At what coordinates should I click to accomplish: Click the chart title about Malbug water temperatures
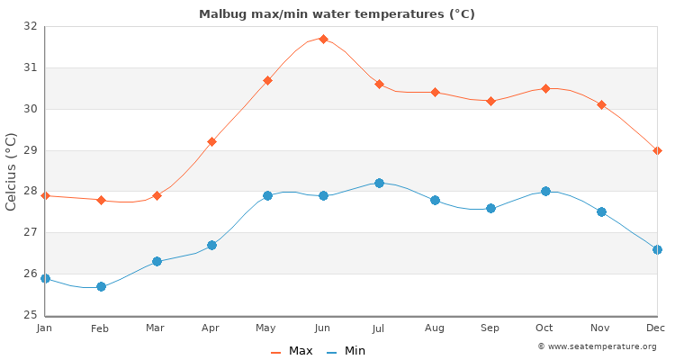pyautogui.click(x=337, y=13)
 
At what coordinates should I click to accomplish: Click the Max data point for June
pyautogui.click(x=323, y=39)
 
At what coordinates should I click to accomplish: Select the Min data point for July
pyautogui.click(x=379, y=183)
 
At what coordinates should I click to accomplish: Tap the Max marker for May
pyautogui.click(x=267, y=80)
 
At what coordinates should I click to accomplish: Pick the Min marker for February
pyautogui.click(x=101, y=286)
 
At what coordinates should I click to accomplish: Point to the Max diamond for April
pyautogui.click(x=211, y=141)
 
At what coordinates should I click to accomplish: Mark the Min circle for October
pyautogui.click(x=545, y=191)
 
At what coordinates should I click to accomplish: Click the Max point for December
pyautogui.click(x=657, y=150)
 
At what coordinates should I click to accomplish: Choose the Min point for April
pyautogui.click(x=211, y=245)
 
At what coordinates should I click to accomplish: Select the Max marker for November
pyautogui.click(x=601, y=104)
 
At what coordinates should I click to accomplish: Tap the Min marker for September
pyautogui.click(x=490, y=208)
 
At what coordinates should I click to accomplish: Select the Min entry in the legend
pyautogui.click(x=346, y=351)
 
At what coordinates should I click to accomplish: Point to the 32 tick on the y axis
pyautogui.click(x=31, y=26)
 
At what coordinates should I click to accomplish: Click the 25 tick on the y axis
pyautogui.click(x=31, y=315)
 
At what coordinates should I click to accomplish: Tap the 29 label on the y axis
pyautogui.click(x=31, y=150)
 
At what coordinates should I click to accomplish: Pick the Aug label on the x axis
pyautogui.click(x=435, y=328)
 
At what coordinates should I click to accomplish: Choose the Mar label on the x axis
pyautogui.click(x=157, y=328)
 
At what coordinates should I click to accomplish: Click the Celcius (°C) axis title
pyautogui.click(x=11, y=171)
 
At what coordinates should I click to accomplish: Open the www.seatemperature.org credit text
pyautogui.click(x=597, y=346)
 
